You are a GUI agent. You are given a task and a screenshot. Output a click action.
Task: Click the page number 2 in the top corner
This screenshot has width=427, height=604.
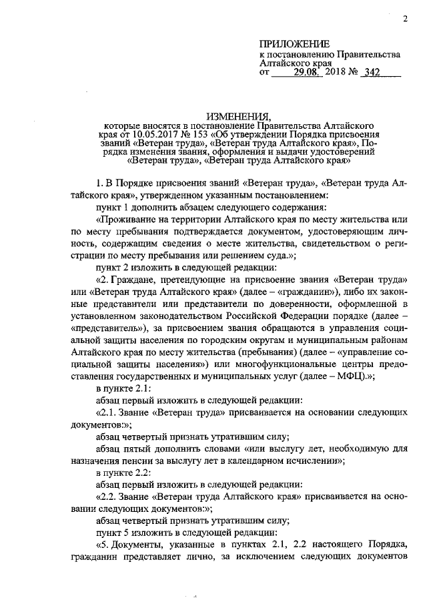(405, 19)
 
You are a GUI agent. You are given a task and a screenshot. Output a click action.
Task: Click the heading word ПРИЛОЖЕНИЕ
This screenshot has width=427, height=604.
(288, 43)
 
